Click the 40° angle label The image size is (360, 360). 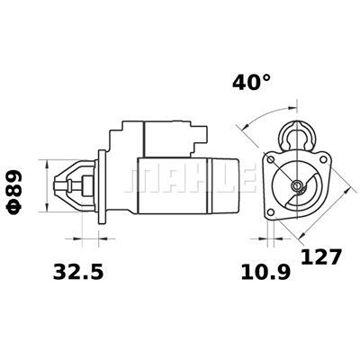251,83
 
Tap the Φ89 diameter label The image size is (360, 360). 14,192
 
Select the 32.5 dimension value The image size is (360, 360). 78,272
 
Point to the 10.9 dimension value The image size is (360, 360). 265,272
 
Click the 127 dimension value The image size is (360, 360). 321,257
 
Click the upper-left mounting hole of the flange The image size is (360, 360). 271,159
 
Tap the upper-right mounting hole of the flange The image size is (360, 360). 323,159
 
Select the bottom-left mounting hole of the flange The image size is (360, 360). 271,212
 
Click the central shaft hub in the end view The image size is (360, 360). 297,186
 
